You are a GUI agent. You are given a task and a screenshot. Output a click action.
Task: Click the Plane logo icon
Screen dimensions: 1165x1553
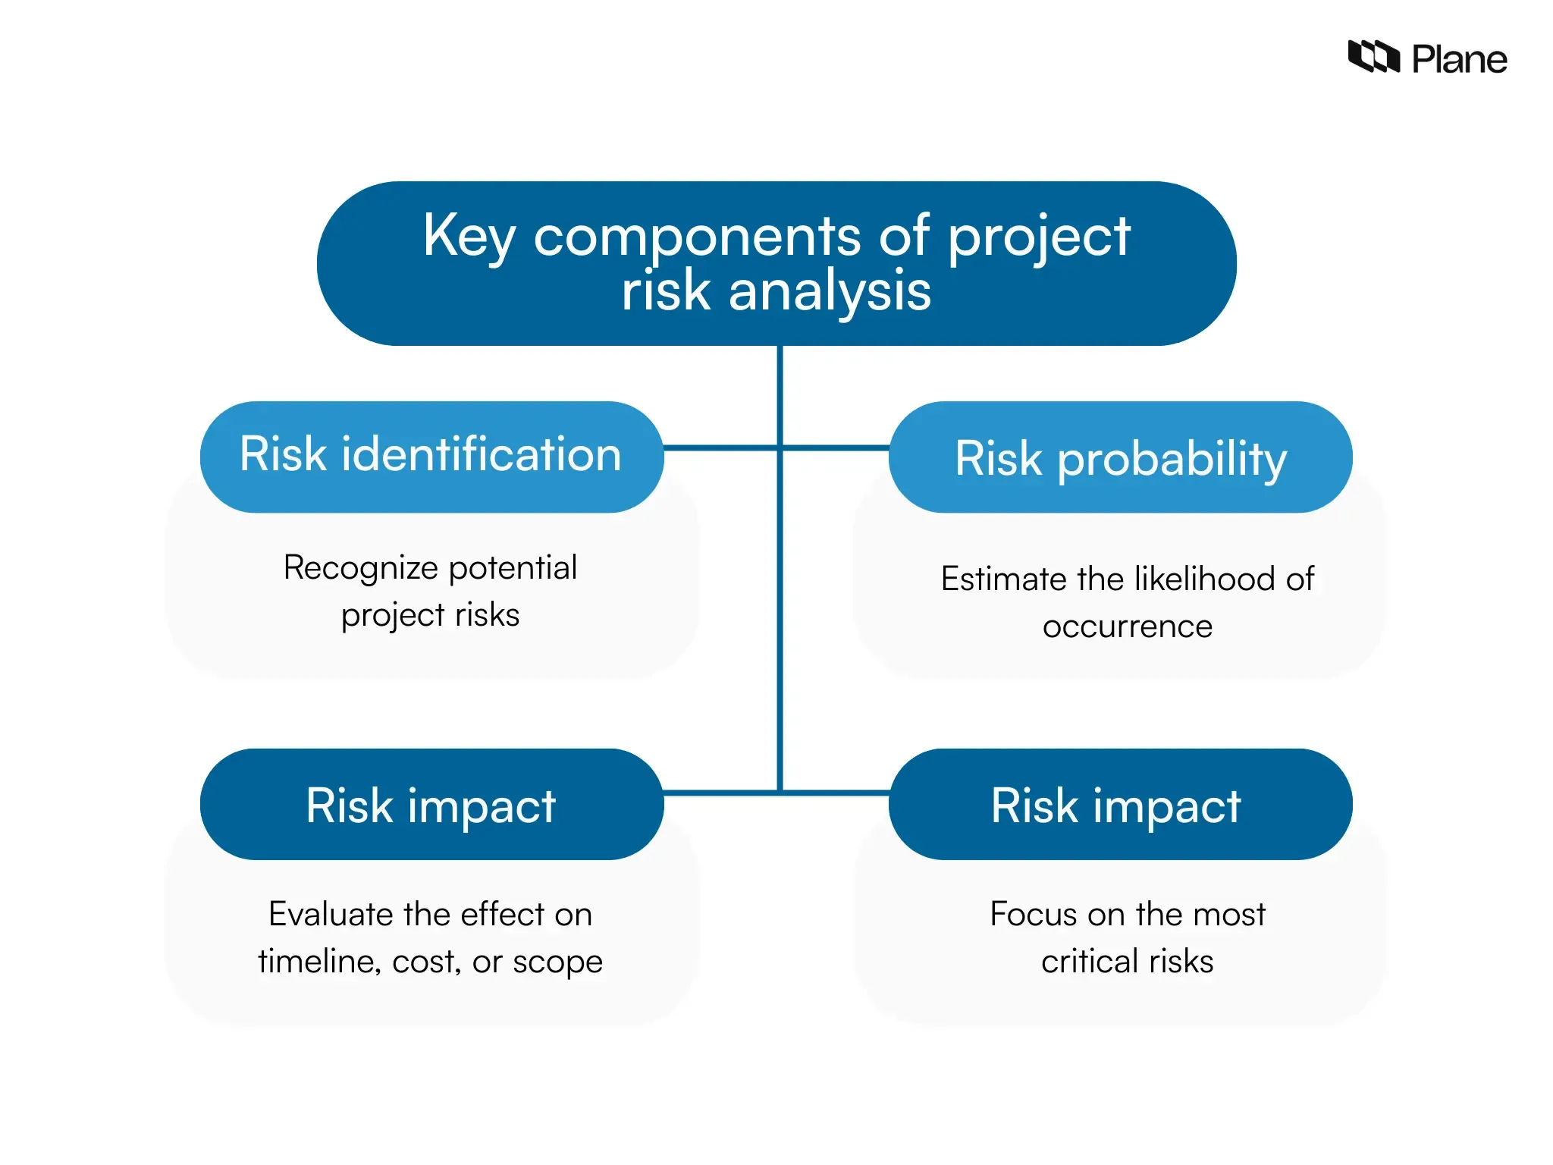pyautogui.click(x=1373, y=57)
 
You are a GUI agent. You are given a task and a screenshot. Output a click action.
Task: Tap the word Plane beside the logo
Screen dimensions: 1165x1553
pyautogui.click(x=1459, y=59)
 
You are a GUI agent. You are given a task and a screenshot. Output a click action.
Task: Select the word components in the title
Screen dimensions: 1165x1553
pyautogui.click(x=697, y=237)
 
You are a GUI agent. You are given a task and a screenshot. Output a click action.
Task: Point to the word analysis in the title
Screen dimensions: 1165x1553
pyautogui.click(x=830, y=292)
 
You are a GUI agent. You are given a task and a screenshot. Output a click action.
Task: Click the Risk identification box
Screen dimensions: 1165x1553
pyautogui.click(x=431, y=456)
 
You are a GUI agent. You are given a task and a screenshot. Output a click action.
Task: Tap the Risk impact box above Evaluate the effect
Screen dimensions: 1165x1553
pyautogui.click(x=431, y=805)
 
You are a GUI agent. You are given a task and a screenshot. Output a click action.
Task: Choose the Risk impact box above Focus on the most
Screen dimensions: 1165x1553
pyautogui.click(x=1120, y=805)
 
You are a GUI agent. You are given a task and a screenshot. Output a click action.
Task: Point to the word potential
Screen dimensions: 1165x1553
pyautogui.click(x=513, y=567)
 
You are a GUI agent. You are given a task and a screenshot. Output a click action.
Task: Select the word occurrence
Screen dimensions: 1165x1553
pyautogui.click(x=1127, y=627)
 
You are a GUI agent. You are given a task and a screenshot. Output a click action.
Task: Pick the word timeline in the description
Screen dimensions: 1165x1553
pyautogui.click(x=319, y=962)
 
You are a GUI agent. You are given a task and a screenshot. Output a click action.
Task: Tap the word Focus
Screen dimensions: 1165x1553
pyautogui.click(x=1034, y=915)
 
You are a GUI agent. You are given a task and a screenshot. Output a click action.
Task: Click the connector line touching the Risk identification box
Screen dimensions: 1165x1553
pyautogui.click(x=720, y=448)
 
